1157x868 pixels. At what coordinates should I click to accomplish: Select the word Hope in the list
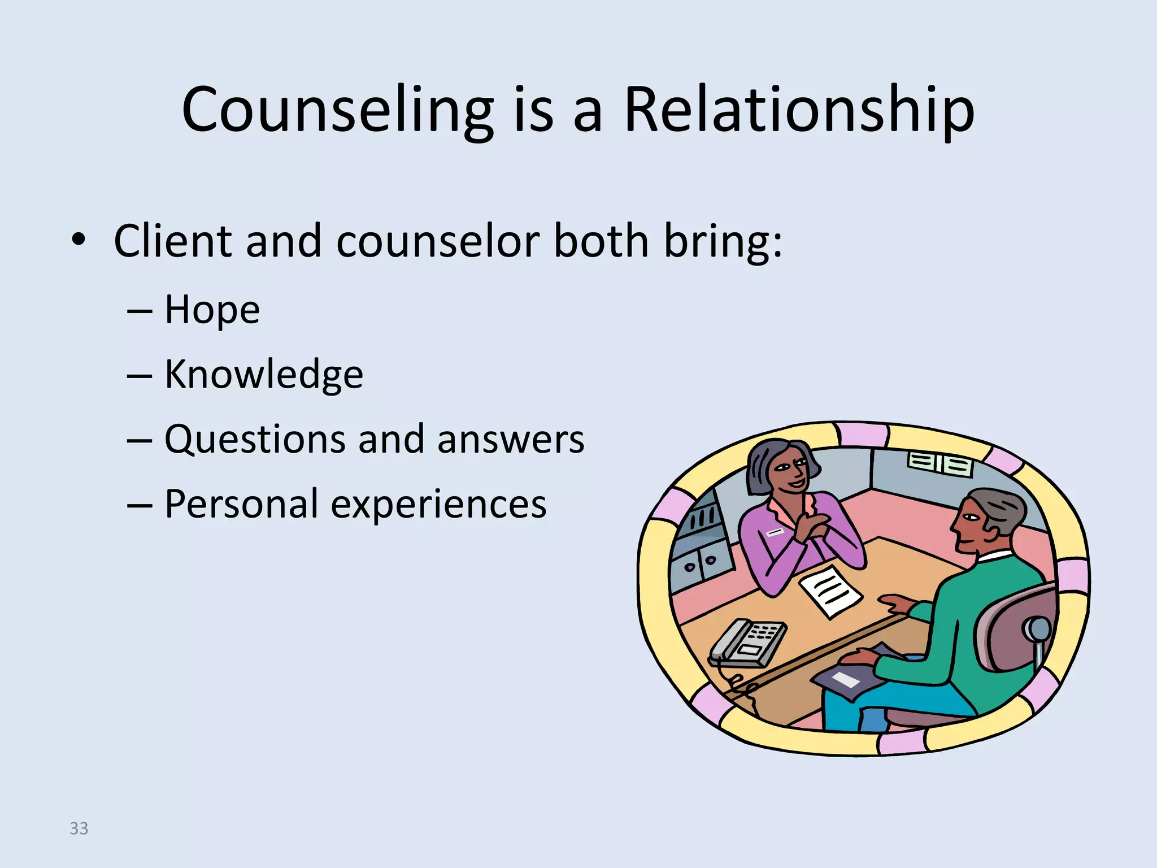pyautogui.click(x=212, y=310)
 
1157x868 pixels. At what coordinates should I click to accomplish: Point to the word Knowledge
pyautogui.click(x=263, y=375)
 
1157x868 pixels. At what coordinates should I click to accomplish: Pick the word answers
pyautogui.click(x=510, y=440)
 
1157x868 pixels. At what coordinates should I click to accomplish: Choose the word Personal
pyautogui.click(x=241, y=504)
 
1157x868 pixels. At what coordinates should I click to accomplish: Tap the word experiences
pyautogui.click(x=438, y=504)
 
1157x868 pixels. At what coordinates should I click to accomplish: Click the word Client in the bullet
pyautogui.click(x=172, y=241)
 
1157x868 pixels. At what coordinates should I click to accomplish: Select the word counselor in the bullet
pyautogui.click(x=438, y=241)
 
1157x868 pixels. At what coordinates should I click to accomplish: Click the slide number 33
pyautogui.click(x=79, y=828)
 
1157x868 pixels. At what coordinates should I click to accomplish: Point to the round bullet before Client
pyautogui.click(x=79, y=240)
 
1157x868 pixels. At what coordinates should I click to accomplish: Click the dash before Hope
pyautogui.click(x=139, y=311)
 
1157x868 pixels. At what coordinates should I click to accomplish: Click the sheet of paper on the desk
pyautogui.click(x=829, y=591)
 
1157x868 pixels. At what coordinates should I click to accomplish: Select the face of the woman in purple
pyautogui.click(x=788, y=472)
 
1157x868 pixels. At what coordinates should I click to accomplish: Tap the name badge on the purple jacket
pyautogui.click(x=775, y=532)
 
